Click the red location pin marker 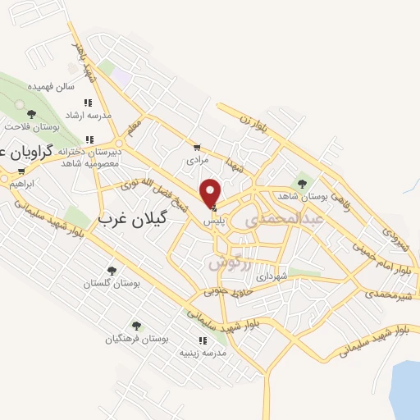211,192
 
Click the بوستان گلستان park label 112,283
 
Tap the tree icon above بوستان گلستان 112,270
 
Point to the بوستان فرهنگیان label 136,339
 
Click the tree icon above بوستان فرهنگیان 136,326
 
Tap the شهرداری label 272,276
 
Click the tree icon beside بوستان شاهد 302,184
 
